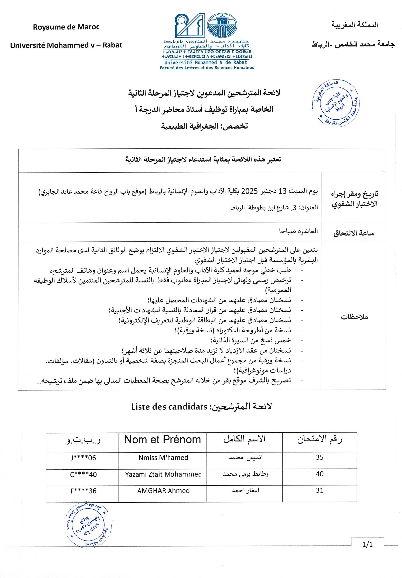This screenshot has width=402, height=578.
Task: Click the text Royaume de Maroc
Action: point(66,27)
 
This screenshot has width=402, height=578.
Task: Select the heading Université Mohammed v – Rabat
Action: point(66,45)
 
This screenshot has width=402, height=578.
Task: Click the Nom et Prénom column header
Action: point(163,440)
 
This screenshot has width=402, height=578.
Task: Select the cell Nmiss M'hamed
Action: point(163,458)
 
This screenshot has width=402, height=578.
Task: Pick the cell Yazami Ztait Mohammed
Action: point(163,474)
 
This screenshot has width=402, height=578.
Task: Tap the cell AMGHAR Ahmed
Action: point(163,491)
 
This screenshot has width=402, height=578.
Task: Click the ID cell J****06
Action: point(83,458)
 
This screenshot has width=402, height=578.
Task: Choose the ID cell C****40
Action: point(83,475)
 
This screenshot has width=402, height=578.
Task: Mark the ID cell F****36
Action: point(83,491)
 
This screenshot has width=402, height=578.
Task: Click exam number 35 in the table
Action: point(319,457)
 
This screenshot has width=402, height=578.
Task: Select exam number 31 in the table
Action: point(319,490)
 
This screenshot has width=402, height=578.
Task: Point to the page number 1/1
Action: point(367,545)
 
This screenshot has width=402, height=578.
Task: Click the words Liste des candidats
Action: point(169,407)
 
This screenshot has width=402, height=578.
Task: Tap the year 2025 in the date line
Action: point(249,191)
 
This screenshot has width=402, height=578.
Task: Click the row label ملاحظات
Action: point(354,317)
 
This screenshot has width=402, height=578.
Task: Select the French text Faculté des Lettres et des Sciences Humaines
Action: point(207,68)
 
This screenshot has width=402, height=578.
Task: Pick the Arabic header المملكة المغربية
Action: point(355,25)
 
